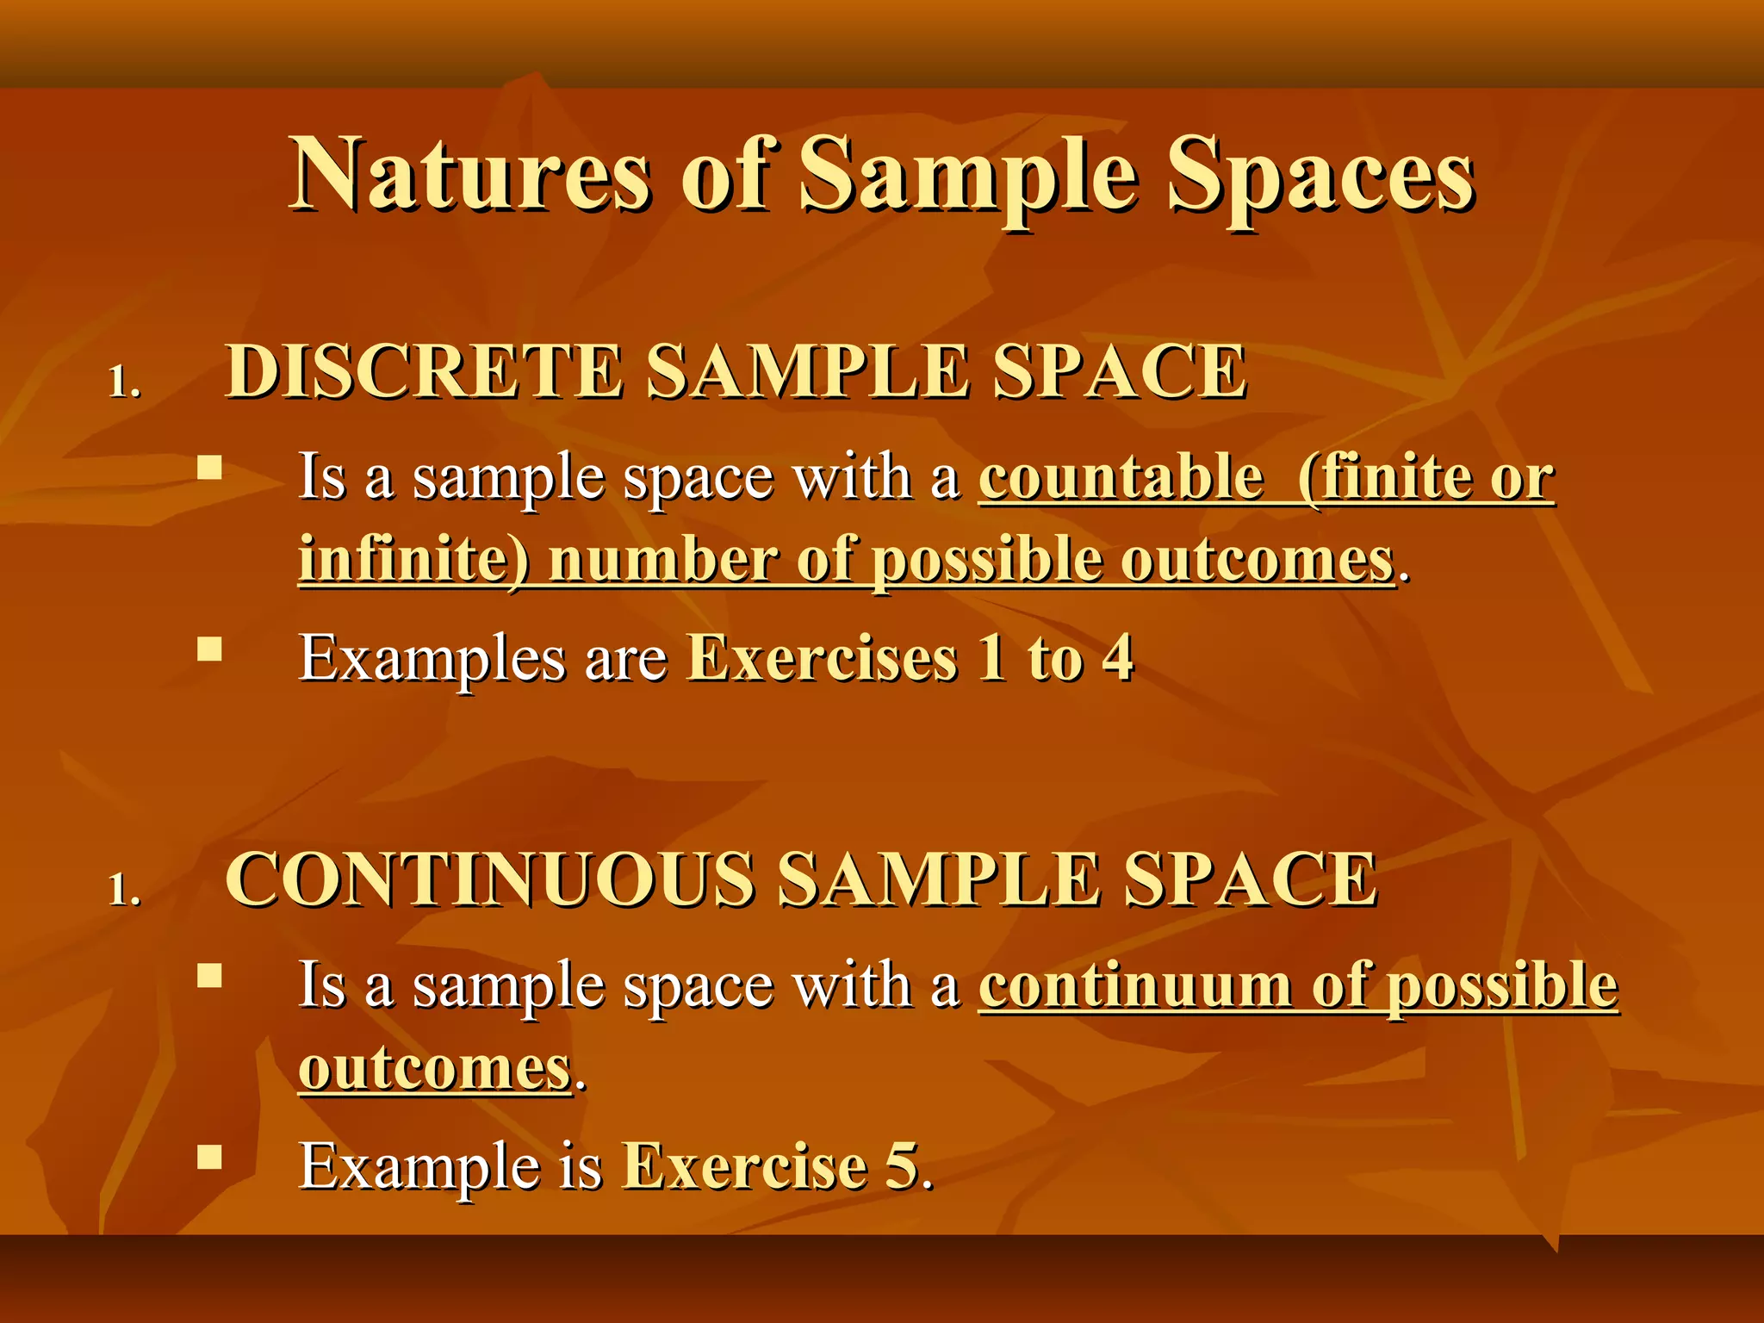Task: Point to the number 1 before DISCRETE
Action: click(121, 382)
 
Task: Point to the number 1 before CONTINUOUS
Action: click(121, 890)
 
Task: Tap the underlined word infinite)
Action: click(414, 560)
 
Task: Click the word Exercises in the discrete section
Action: click(822, 659)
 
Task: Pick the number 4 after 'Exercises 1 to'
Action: click(1118, 659)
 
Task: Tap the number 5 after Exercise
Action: click(902, 1166)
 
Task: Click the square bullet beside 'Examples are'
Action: click(209, 648)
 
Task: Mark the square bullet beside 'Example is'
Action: click(209, 1155)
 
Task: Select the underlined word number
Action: click(662, 560)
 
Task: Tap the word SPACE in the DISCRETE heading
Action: click(1119, 371)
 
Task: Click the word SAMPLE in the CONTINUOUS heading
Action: click(938, 879)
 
